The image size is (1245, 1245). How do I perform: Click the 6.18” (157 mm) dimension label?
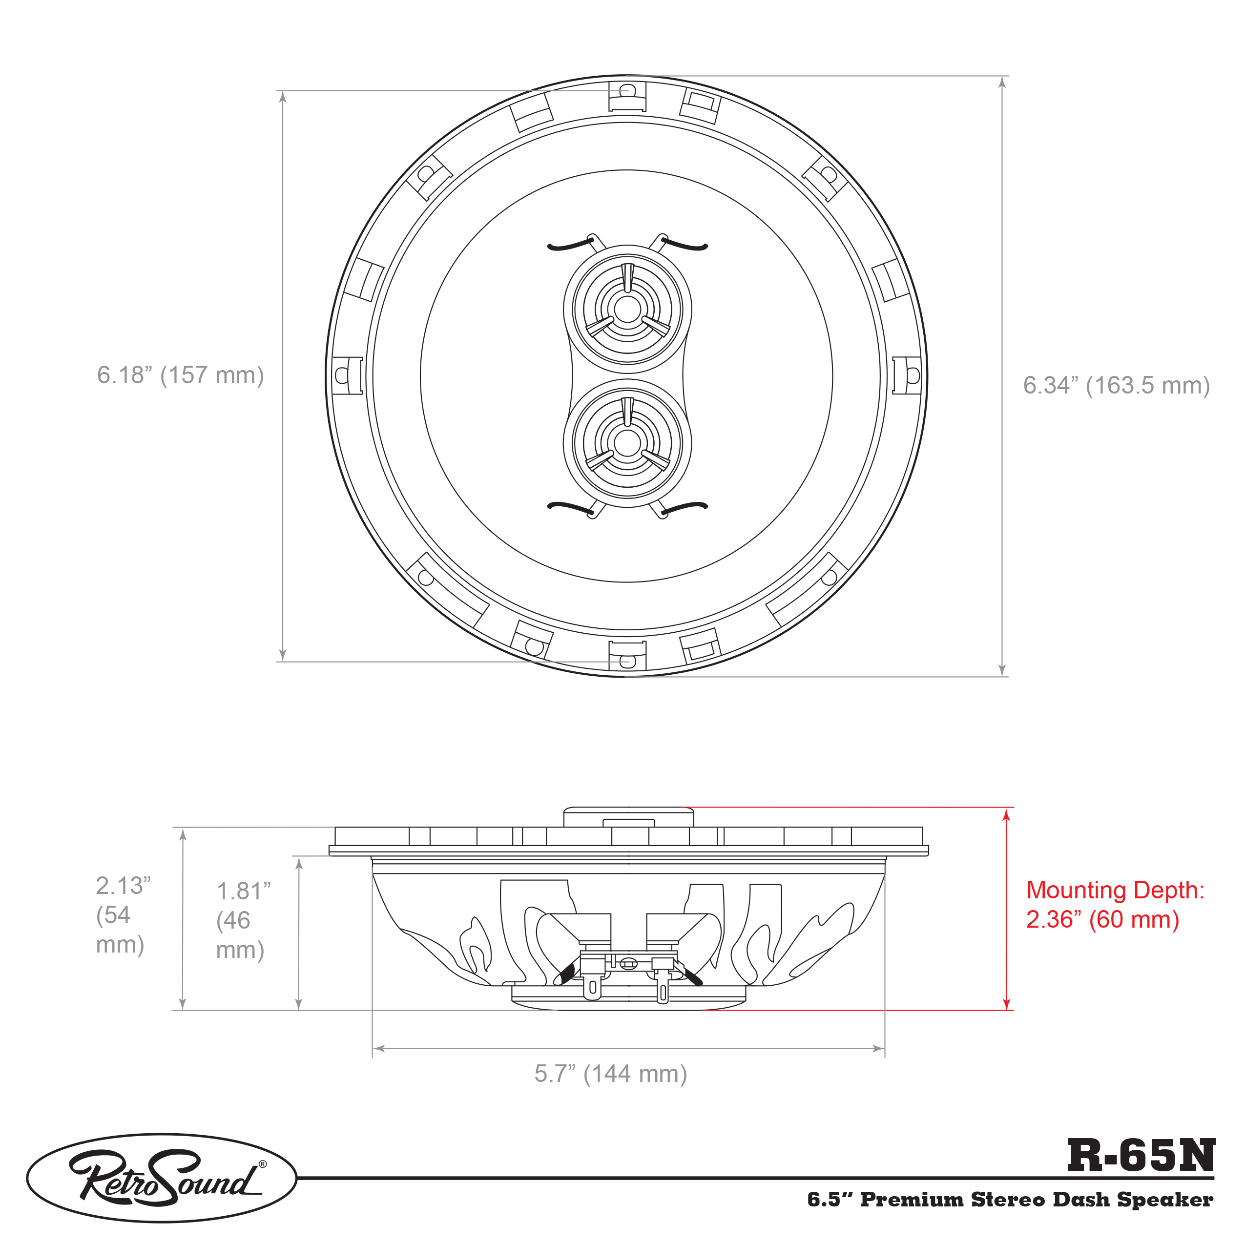[x=181, y=375]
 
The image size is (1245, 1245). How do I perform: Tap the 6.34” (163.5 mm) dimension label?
[x=1117, y=385]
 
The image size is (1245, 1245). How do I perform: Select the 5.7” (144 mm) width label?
[x=611, y=1074]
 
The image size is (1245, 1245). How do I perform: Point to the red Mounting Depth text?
[x=1115, y=904]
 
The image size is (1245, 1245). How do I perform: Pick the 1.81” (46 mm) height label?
[x=243, y=920]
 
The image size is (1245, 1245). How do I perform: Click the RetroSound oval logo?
[x=162, y=1178]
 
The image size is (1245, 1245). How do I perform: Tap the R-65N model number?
[x=1141, y=1156]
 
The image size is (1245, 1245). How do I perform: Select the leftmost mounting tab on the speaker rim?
[x=347, y=375]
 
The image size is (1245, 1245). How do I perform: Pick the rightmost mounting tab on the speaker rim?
[x=907, y=375]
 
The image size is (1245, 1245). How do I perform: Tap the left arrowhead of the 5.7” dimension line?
[x=379, y=1048]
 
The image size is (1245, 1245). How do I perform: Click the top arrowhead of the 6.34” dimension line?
[x=1002, y=83]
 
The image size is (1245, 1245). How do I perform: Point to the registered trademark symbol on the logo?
[x=262, y=1164]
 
